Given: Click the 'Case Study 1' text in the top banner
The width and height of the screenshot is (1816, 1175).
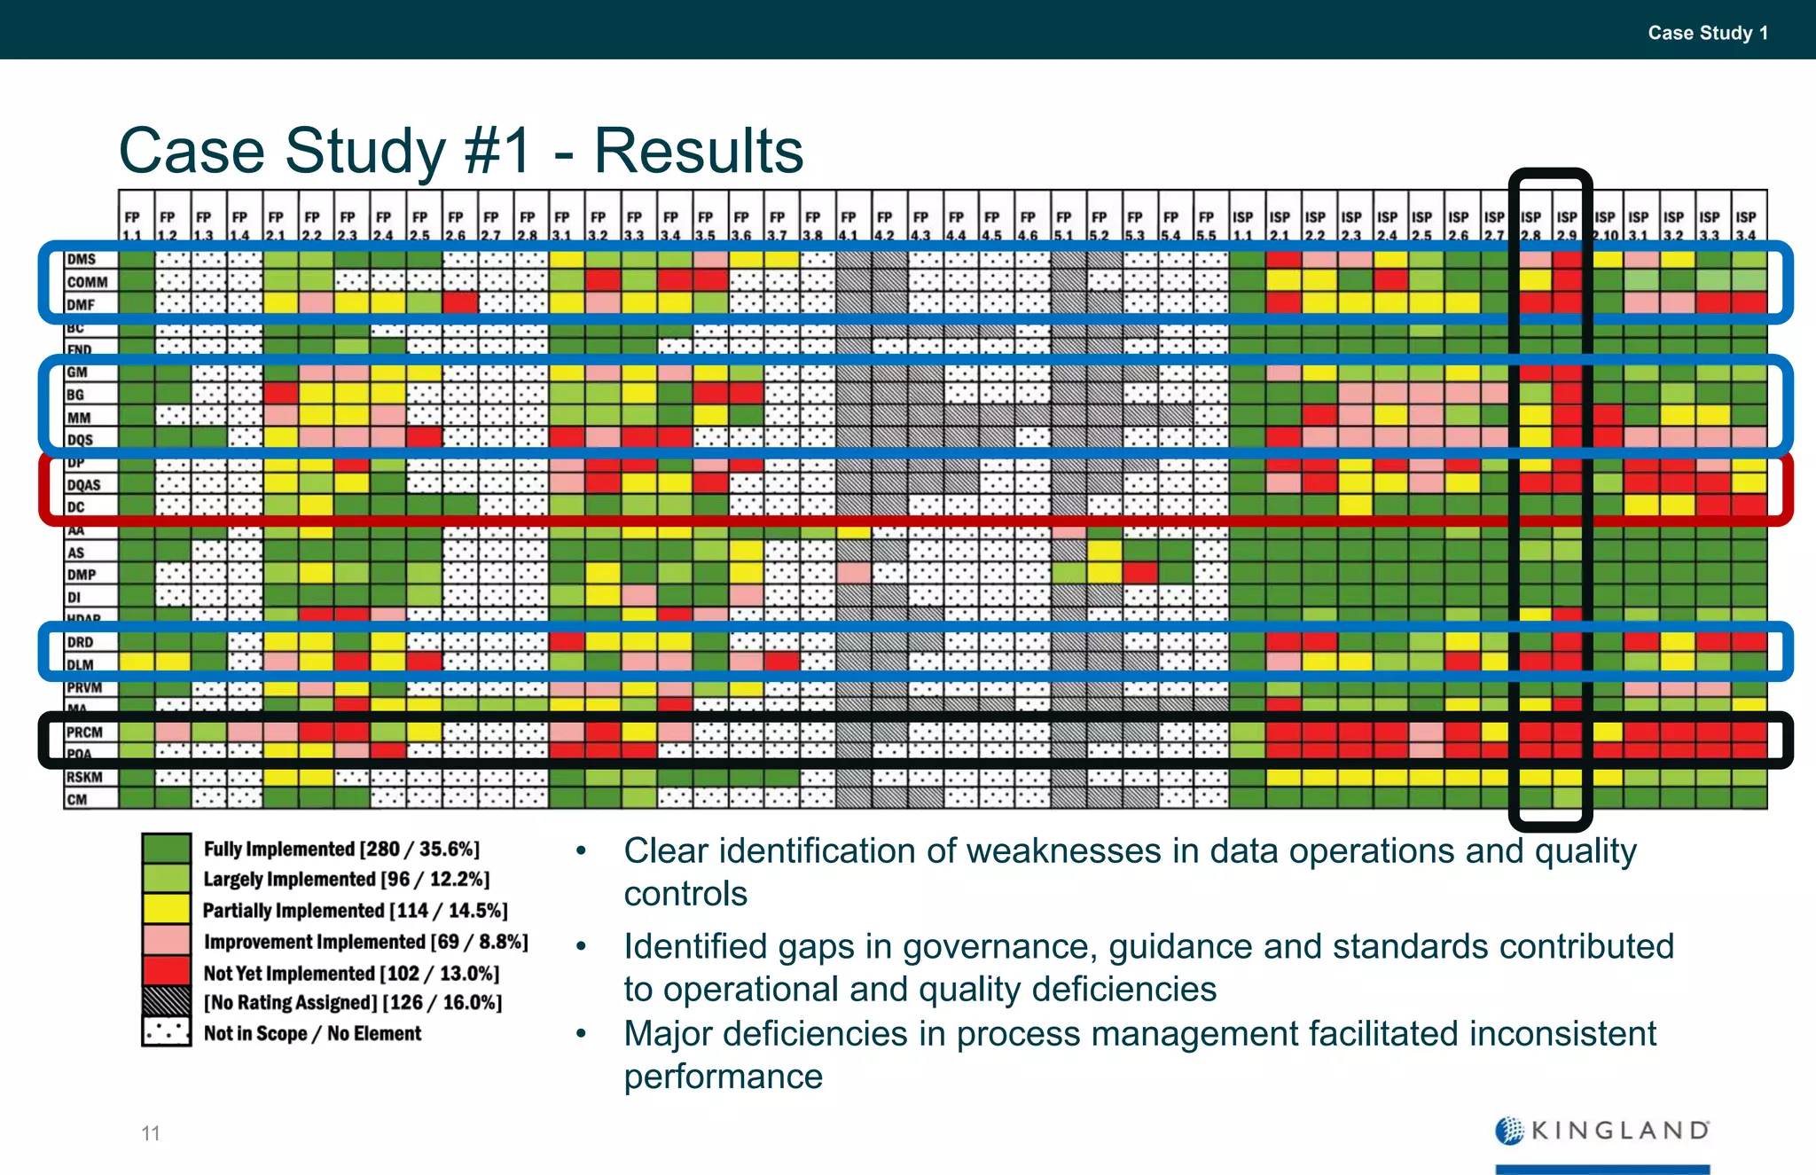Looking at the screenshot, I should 1707,33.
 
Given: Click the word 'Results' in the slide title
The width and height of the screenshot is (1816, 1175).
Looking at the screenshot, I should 698,151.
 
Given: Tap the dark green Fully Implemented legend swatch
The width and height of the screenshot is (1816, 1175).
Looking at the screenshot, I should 166,848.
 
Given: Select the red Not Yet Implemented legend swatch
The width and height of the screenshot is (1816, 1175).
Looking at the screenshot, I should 166,970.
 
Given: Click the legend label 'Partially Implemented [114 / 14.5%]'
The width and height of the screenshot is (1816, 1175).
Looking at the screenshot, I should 355,911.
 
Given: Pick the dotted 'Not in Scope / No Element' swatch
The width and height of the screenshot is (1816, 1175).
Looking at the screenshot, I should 166,1032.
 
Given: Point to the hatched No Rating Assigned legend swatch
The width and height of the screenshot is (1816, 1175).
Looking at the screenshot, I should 166,1001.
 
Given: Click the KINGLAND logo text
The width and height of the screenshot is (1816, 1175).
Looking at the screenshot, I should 1619,1131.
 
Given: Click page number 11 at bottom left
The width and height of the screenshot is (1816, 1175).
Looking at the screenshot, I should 151,1133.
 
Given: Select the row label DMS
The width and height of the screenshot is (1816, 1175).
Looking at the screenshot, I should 82,260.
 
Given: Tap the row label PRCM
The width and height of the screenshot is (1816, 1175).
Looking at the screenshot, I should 85,732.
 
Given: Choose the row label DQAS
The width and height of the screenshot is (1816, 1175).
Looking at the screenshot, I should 84,485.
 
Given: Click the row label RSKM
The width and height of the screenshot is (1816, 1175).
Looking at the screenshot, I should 85,778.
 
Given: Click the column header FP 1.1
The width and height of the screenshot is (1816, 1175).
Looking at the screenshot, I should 132,225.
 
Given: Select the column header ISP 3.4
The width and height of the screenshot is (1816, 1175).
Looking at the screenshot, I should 1746,225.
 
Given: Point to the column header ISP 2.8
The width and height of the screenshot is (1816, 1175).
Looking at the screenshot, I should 1530,225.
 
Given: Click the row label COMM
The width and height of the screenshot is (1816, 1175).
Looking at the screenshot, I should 87,282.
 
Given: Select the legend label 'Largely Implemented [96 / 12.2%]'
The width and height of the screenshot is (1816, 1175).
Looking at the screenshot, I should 346,880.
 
